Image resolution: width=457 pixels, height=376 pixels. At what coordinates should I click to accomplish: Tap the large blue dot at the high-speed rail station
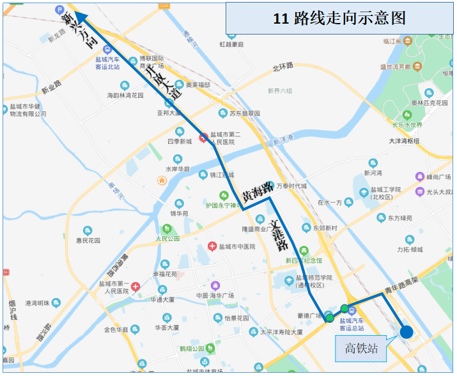[x=406, y=331]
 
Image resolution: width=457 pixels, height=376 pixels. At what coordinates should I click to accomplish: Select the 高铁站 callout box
[x=362, y=349]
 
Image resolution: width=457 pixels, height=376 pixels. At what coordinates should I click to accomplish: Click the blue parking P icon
[x=60, y=10]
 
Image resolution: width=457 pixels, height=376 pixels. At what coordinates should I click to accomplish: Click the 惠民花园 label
[x=88, y=240]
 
